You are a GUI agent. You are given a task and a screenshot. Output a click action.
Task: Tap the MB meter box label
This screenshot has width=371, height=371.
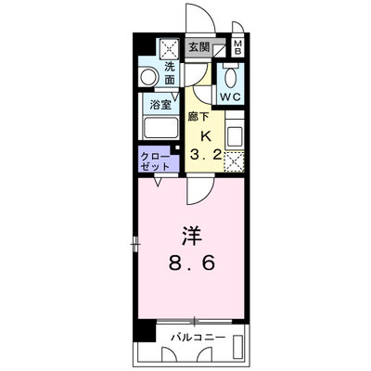coord(237,47)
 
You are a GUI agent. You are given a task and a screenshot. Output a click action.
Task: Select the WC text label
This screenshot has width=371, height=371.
coord(230,97)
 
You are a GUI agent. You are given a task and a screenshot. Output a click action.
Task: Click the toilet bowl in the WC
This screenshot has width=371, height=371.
coord(230,78)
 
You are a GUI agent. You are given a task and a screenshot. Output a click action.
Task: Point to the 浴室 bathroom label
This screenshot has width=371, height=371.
coord(160,105)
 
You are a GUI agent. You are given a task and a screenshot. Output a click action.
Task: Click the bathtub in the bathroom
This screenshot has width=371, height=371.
coord(160,128)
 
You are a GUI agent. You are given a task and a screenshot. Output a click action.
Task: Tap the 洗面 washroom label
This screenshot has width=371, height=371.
coord(170,73)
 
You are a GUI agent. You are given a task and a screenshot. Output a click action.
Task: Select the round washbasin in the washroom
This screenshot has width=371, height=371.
coord(148,77)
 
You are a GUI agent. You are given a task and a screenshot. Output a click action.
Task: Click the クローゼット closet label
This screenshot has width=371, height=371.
coord(155,161)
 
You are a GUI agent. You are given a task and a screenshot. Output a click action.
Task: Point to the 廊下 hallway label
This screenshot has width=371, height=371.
coord(198,118)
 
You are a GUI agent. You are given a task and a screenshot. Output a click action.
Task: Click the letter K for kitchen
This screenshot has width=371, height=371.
coord(206,136)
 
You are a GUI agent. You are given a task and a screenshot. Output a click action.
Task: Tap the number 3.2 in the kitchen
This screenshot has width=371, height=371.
coord(206,155)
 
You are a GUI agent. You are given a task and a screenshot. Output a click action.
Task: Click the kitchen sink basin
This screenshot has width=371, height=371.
coord(235,136)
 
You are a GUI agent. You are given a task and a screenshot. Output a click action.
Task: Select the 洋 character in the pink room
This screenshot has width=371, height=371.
coord(192,237)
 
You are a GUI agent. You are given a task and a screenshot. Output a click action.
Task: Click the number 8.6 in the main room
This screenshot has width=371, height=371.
coord(192,263)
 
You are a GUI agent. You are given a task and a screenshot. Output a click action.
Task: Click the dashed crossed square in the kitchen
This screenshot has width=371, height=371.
coord(234,161)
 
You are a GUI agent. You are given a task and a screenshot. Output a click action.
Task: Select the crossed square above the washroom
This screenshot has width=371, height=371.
coord(169,48)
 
